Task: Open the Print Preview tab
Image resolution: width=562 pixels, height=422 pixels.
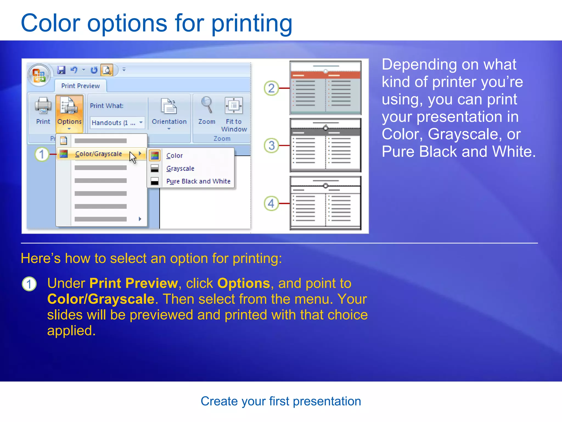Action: click(80, 86)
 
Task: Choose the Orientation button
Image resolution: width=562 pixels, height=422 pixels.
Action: click(169, 113)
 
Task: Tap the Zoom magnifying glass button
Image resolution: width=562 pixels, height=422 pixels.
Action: click(207, 111)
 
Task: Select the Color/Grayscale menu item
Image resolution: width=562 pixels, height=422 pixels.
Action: click(99, 154)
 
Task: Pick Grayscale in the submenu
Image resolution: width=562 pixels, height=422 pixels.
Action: click(180, 168)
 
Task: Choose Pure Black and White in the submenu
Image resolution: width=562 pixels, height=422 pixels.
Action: click(198, 181)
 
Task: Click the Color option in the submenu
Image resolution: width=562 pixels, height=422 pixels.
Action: click(175, 156)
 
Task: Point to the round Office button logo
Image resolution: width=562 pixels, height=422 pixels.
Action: click(39, 75)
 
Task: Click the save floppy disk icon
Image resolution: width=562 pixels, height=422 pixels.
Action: click(61, 70)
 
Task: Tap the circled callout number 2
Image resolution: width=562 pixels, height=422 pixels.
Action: click(271, 88)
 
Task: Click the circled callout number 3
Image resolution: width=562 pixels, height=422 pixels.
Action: click(271, 145)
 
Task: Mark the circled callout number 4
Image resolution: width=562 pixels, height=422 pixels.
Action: click(271, 204)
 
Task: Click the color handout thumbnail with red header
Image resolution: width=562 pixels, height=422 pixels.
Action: click(325, 88)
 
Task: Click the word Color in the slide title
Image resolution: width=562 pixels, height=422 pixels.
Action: click(50, 23)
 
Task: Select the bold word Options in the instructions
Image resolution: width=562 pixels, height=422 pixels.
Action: click(243, 283)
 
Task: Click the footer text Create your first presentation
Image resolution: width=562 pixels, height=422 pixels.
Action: click(281, 401)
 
